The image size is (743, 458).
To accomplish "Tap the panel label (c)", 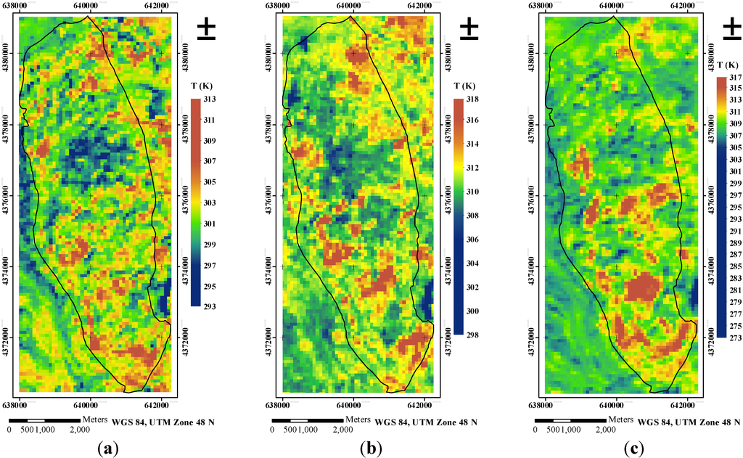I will (635, 448).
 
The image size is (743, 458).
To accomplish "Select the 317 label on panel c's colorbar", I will (734, 76).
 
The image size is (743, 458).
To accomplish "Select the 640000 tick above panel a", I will (86, 6).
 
